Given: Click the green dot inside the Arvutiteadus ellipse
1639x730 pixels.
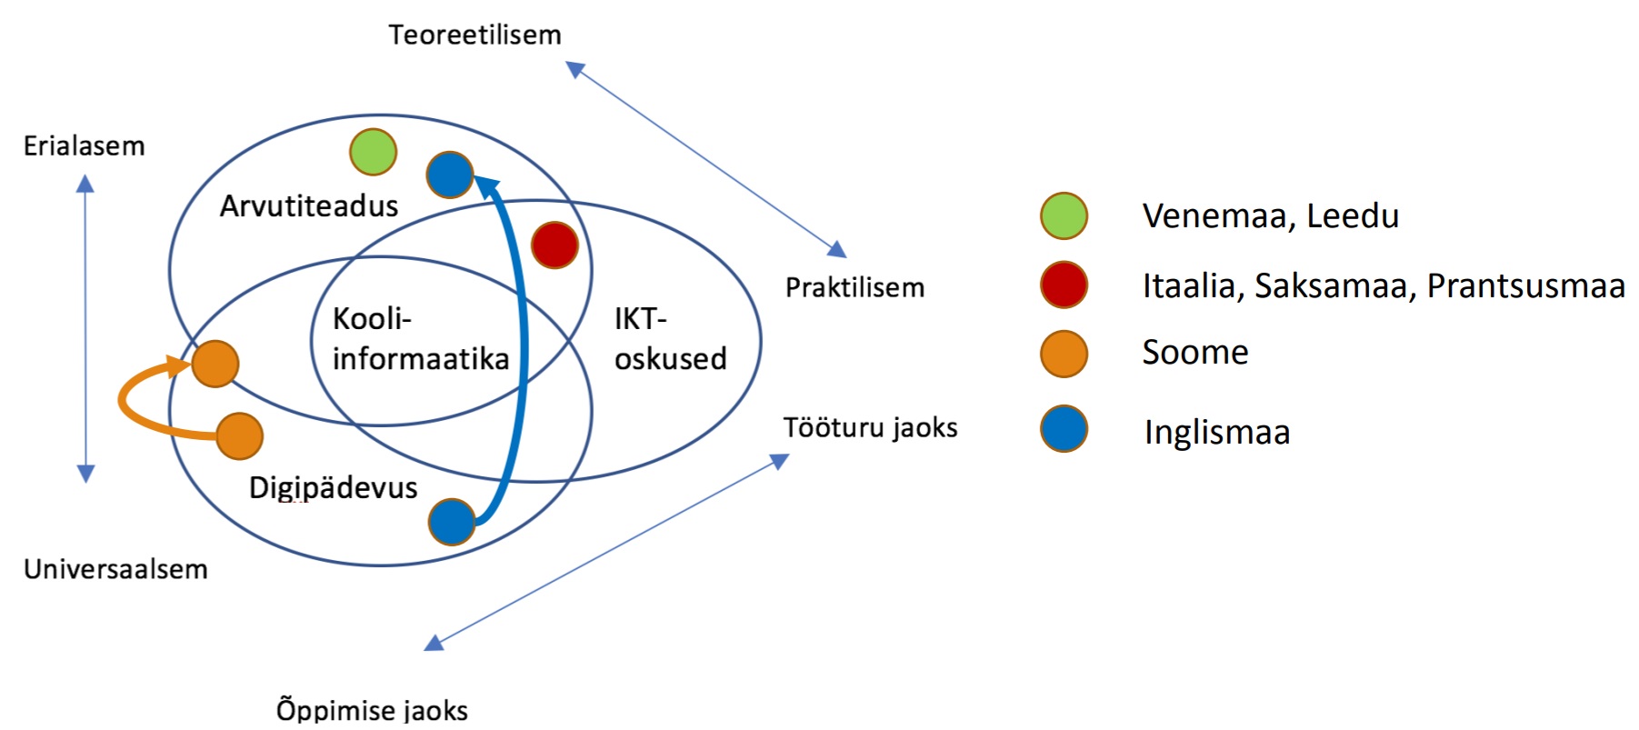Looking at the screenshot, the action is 373,152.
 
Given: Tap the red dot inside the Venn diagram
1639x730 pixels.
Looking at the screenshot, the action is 555,245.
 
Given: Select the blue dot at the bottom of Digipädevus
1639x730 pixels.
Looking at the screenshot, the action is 452,522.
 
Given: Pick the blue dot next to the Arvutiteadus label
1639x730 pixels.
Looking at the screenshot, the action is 450,175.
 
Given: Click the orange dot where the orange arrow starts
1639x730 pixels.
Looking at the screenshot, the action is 239,435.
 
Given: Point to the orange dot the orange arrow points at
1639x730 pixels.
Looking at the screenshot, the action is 215,364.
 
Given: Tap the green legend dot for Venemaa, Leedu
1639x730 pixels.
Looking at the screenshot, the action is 1064,216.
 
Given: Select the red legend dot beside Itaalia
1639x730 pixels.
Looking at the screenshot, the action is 1064,285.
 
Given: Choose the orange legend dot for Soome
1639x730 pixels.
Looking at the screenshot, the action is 1064,353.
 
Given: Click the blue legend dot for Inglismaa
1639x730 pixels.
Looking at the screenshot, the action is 1064,429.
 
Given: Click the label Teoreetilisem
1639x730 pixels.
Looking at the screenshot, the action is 475,35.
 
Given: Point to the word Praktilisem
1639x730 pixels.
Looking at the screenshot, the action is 854,287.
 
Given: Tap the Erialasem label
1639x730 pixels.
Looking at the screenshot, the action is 84,145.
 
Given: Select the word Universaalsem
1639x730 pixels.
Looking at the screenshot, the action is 115,569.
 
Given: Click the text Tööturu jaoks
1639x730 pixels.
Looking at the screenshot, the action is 871,427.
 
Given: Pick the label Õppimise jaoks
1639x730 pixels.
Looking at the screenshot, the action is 372,709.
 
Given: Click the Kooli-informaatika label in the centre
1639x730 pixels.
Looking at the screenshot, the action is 420,338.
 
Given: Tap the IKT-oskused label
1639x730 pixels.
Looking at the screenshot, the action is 670,338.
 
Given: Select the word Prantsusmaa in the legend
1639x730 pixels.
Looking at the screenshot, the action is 1525,285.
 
